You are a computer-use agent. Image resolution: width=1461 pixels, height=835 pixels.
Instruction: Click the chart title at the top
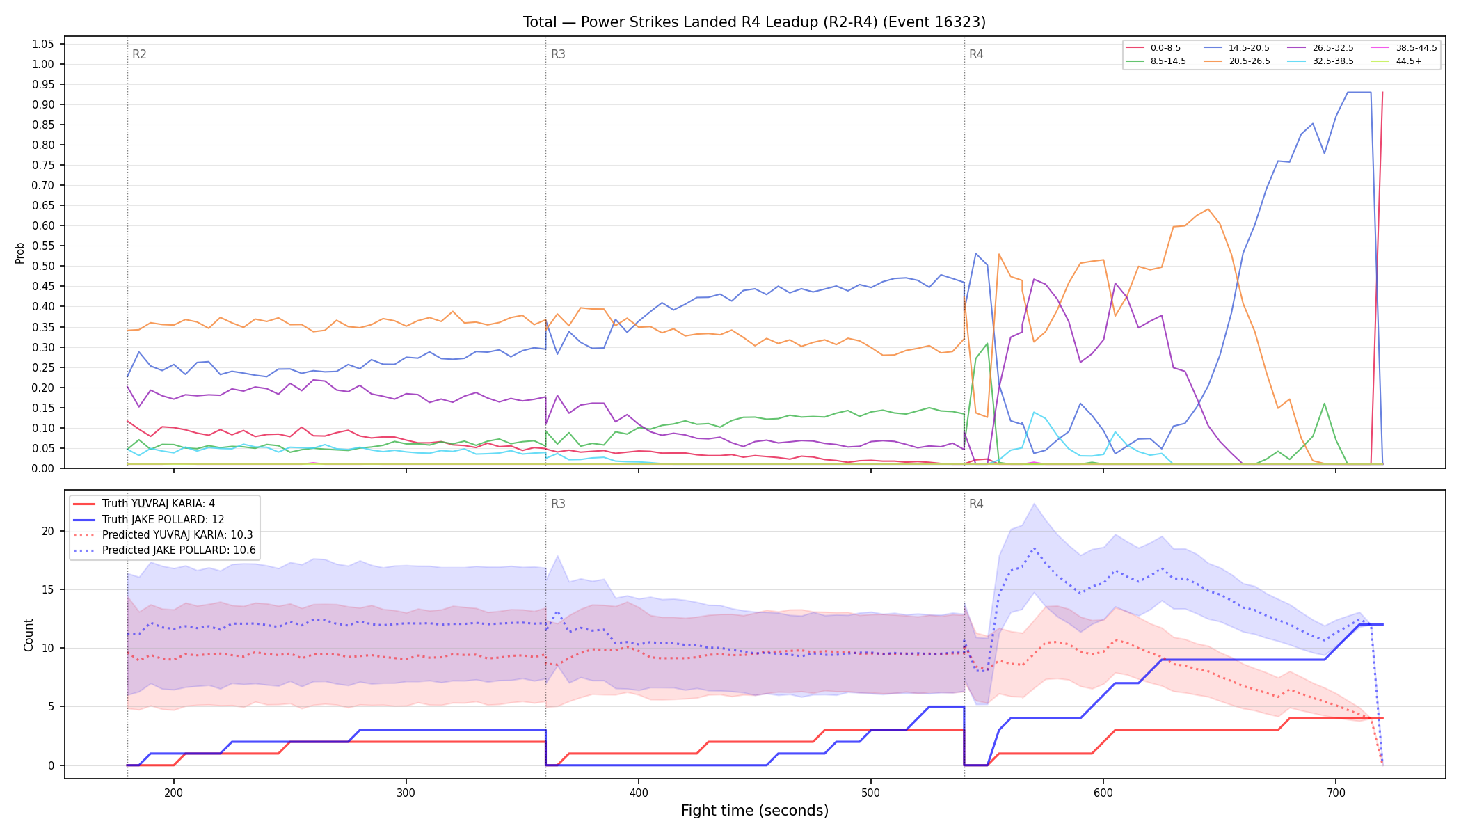tap(754, 22)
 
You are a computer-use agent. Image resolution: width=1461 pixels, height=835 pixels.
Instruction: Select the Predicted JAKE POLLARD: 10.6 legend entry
tap(164, 550)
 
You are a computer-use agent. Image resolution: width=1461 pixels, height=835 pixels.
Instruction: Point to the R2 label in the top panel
tap(139, 54)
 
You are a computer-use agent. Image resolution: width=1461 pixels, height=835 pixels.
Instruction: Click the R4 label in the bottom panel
tap(976, 504)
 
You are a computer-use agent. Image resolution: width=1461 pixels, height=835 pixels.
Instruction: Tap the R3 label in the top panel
tap(558, 54)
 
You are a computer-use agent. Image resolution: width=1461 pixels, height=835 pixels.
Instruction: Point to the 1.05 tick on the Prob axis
tap(42, 44)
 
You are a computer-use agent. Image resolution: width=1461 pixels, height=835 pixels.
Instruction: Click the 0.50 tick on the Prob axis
tap(42, 266)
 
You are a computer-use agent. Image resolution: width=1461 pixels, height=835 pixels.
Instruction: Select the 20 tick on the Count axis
tap(48, 531)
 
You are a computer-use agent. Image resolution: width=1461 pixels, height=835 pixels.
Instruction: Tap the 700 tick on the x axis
tap(1336, 792)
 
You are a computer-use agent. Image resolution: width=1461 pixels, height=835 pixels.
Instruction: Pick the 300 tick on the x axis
tap(406, 792)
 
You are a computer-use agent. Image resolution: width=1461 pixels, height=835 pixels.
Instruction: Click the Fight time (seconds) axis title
tap(755, 811)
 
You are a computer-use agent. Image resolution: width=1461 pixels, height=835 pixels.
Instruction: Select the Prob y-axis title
tap(20, 253)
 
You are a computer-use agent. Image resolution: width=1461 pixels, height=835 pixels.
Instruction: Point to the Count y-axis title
tap(29, 635)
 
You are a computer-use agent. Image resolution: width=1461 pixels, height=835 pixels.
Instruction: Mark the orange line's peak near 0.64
tap(1208, 209)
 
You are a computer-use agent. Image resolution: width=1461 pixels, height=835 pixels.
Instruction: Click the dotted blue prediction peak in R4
tap(1035, 548)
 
